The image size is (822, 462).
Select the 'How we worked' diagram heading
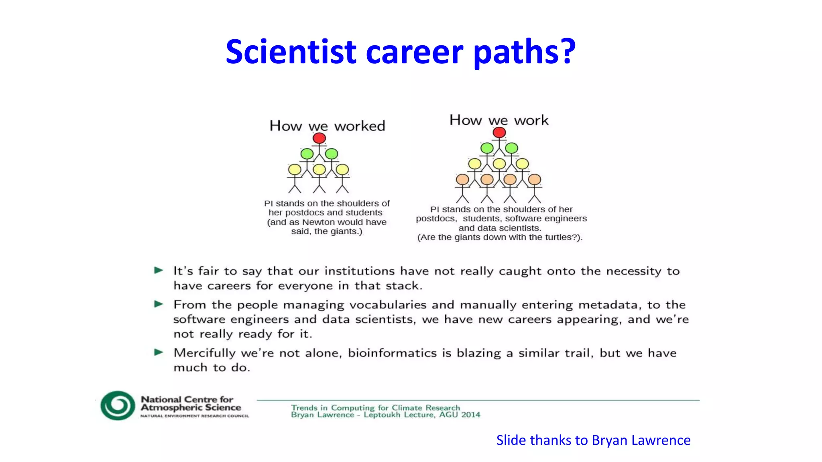327,126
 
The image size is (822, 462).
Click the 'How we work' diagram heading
499,120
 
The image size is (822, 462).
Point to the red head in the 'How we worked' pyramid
319,138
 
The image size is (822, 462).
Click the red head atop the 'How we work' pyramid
499,132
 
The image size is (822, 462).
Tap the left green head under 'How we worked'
307,154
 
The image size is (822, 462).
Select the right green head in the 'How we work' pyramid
511,148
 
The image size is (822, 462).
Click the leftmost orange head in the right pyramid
462,179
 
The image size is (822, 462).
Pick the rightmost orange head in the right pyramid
535,179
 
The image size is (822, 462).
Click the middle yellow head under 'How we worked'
319,169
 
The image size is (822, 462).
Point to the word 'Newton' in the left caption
318,222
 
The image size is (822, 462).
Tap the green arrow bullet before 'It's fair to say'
159,270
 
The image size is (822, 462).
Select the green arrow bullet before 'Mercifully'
159,353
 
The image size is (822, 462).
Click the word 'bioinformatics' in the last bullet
392,353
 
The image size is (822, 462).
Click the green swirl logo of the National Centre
118,405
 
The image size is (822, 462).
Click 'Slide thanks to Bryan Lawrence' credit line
593,440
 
